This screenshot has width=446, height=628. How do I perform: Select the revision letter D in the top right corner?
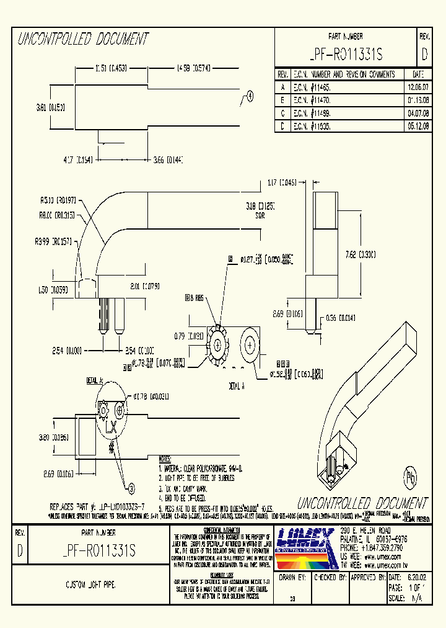[424, 55]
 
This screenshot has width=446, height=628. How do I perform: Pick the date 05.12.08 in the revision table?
[416, 125]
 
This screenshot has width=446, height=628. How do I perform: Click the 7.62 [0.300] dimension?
[359, 254]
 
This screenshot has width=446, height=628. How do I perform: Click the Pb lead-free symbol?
[411, 477]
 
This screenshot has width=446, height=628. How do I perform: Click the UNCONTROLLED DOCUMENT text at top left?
[83, 40]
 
